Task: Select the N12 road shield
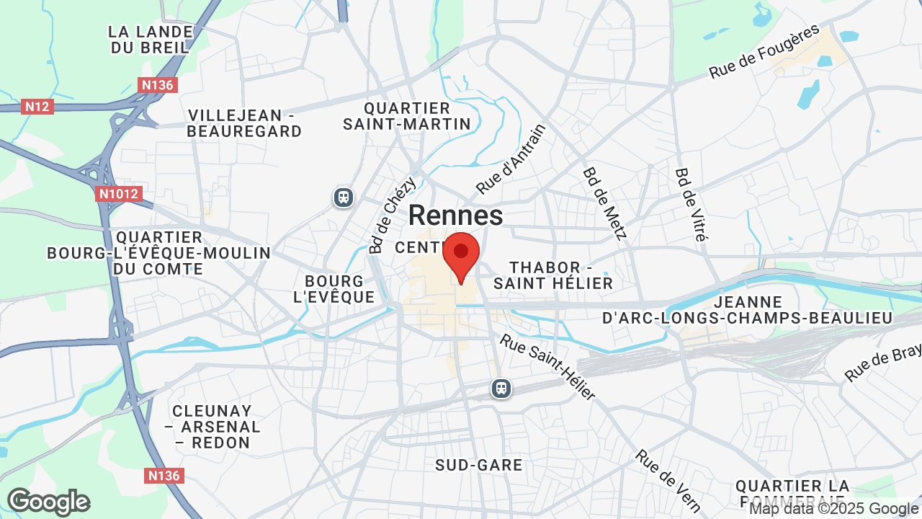point(37,107)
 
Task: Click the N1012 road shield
point(119,193)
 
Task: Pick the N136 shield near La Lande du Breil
point(157,85)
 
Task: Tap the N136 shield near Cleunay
point(165,476)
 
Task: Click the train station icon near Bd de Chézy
point(344,197)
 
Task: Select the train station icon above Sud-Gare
point(501,389)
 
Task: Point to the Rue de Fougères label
point(764,52)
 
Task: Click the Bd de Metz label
point(605,203)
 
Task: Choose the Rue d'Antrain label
point(511,159)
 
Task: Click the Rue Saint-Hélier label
point(548,366)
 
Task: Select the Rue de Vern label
point(668,480)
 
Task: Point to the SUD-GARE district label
point(479,465)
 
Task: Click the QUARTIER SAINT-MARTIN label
point(407,116)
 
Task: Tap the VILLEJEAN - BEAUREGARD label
point(244,123)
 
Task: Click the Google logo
point(48,502)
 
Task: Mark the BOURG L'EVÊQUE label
point(334,288)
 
